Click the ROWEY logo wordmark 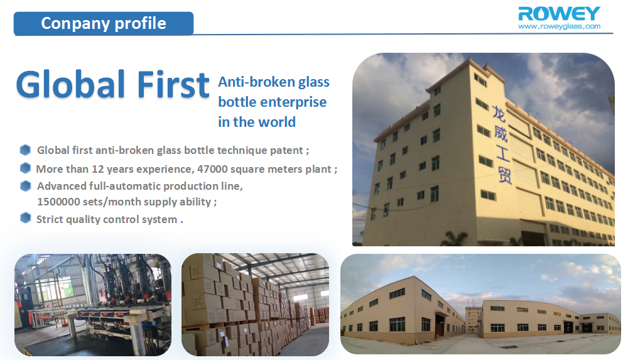[559, 14]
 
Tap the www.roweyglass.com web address [559, 26]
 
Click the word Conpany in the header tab [75, 23]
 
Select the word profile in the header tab [140, 24]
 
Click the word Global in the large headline [70, 84]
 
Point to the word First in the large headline [173, 84]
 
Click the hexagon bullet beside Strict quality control [25, 218]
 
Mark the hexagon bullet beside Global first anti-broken [25, 150]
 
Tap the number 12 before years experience [98, 169]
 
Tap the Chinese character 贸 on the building [505, 175]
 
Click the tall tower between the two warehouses [473, 320]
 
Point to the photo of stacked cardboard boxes [255, 305]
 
